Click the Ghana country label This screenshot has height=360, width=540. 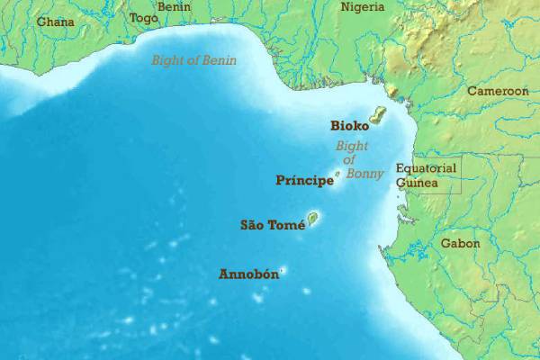pyautogui.click(x=55, y=21)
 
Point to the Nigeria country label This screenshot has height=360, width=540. pyautogui.click(x=362, y=7)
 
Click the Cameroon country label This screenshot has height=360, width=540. pyautogui.click(x=497, y=91)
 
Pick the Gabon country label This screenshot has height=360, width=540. pyautogui.click(x=460, y=243)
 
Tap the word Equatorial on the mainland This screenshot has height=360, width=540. pyautogui.click(x=427, y=167)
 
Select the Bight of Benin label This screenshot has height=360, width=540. pyautogui.click(x=193, y=60)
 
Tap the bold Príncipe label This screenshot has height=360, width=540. pyautogui.click(x=303, y=180)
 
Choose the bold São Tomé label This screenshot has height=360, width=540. pyautogui.click(x=272, y=225)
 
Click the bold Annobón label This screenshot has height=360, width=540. pyautogui.click(x=248, y=274)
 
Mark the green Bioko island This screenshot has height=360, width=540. pyautogui.click(x=377, y=116)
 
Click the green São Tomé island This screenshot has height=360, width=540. pyautogui.click(x=312, y=218)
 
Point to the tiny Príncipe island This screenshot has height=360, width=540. pyautogui.click(x=337, y=174)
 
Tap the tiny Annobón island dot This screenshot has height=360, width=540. pyautogui.click(x=283, y=269)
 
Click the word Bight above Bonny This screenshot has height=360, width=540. pyautogui.click(x=352, y=146)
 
